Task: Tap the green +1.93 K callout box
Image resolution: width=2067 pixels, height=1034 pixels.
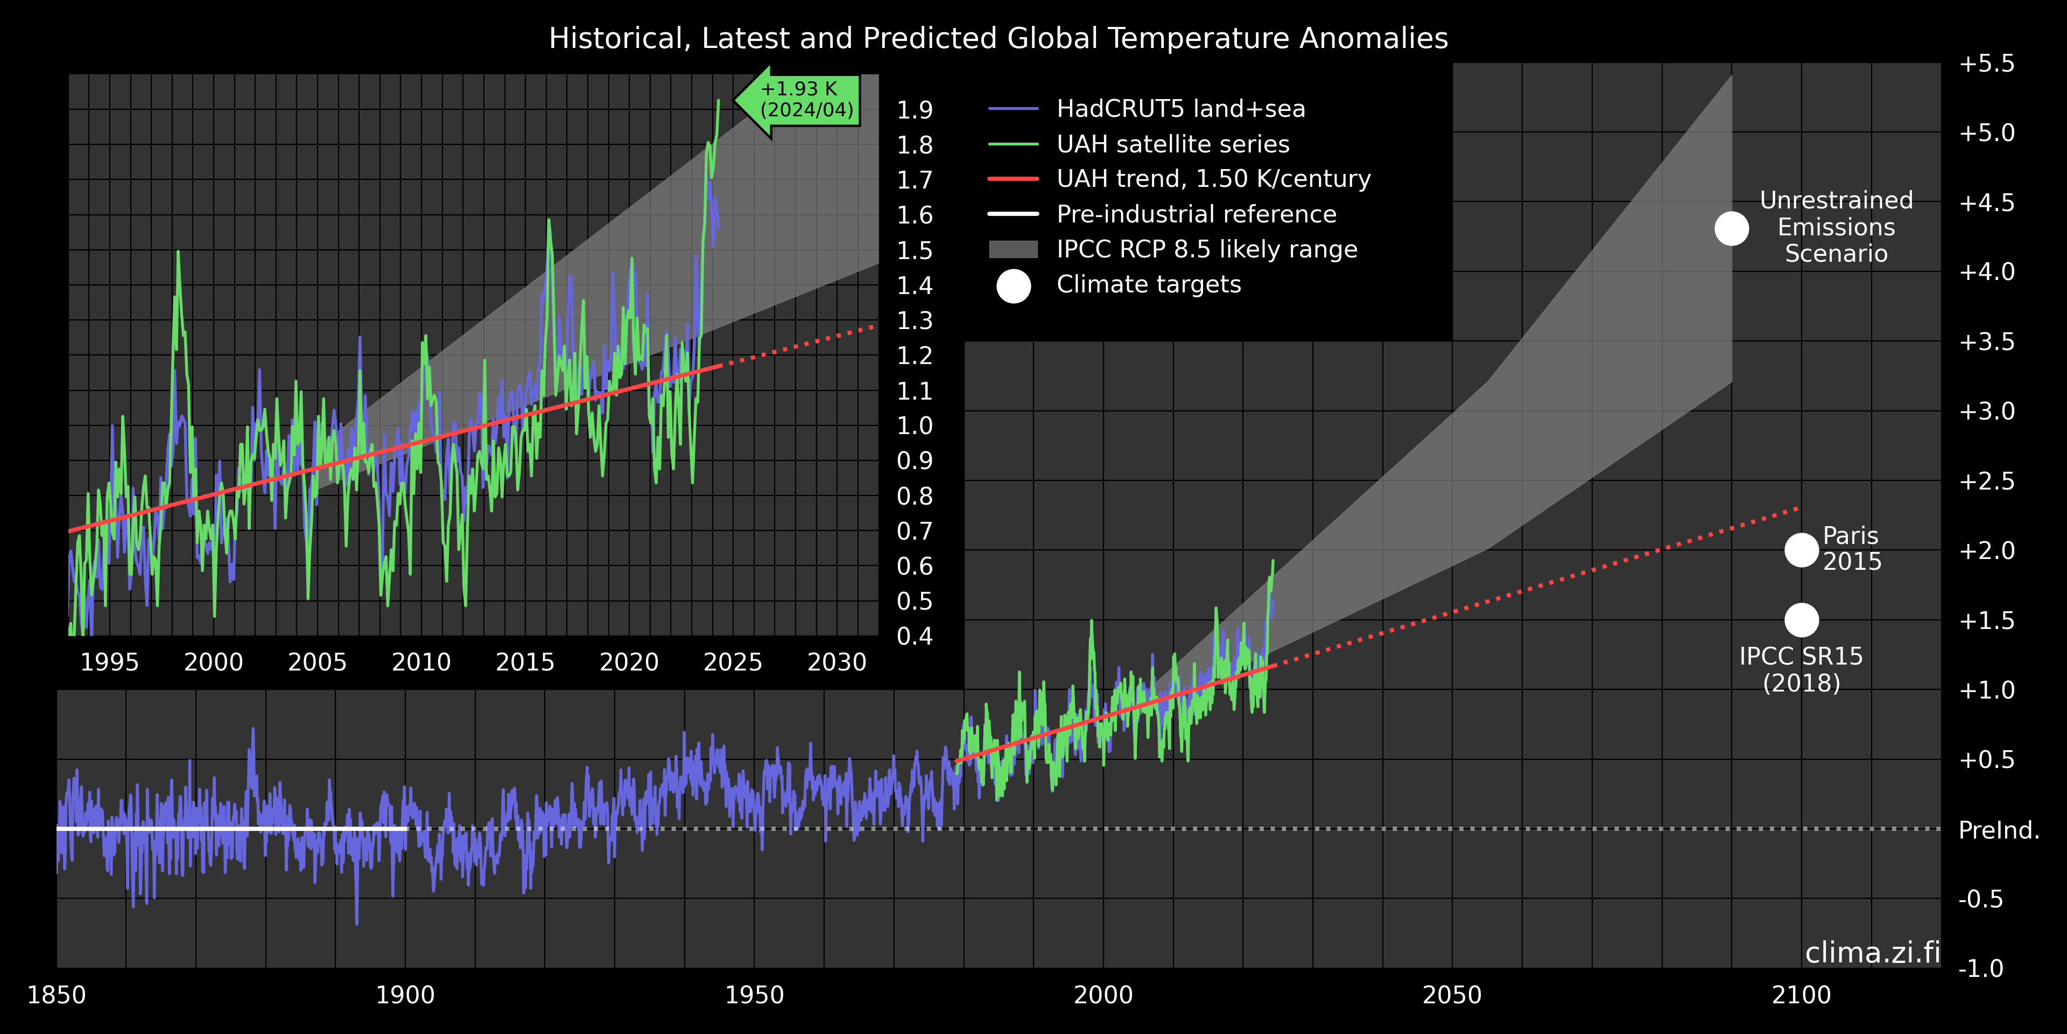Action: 806,100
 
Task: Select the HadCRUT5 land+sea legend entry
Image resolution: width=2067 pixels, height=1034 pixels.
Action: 1180,108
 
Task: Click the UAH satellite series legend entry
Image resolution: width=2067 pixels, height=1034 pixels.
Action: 1172,144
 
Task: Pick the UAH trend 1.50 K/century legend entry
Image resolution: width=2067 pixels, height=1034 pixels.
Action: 1213,178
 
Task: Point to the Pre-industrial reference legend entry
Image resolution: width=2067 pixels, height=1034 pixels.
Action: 1196,214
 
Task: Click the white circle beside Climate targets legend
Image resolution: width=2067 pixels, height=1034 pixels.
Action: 1014,286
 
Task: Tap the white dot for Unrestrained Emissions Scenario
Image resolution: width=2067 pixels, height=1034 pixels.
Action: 1732,229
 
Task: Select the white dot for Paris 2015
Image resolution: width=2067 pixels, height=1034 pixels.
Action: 1802,550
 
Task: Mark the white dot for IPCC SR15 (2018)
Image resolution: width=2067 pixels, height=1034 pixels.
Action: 1802,620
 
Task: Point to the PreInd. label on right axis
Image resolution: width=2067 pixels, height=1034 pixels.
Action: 1999,830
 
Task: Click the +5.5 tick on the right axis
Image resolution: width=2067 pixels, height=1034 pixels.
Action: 1987,64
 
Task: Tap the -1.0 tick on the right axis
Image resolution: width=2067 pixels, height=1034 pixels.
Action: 1980,968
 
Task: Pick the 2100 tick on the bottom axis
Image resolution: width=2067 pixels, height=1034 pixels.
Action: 1802,995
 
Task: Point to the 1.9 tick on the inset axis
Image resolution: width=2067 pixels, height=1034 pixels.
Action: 915,110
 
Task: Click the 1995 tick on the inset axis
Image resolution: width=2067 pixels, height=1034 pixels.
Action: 110,662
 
